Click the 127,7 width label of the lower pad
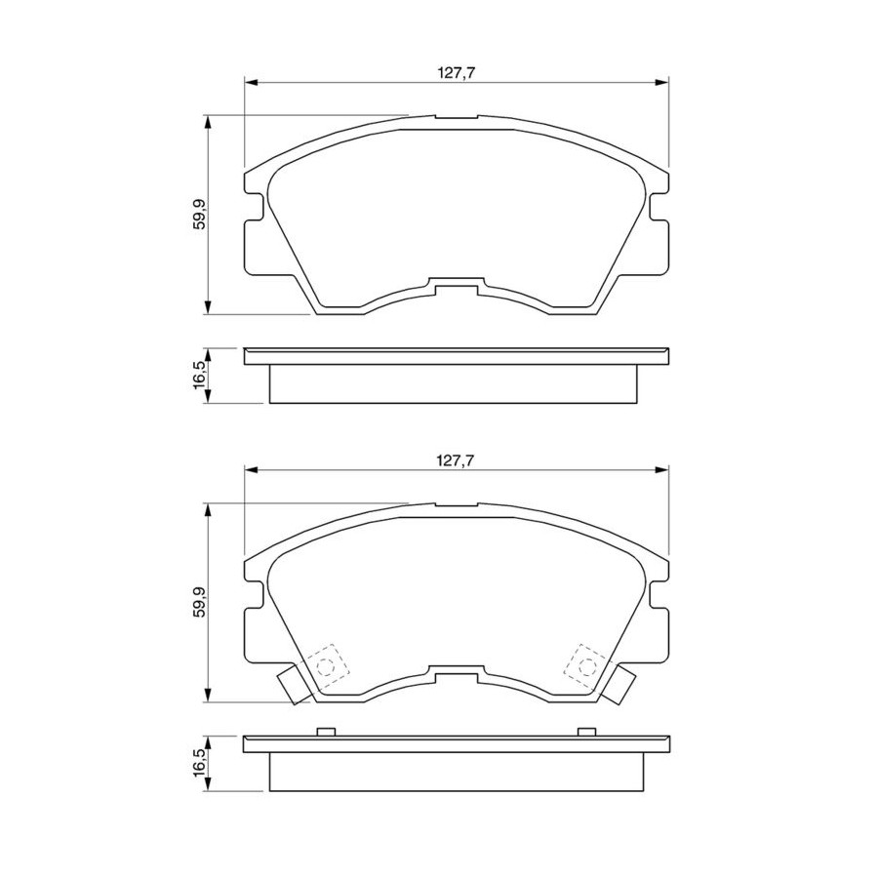pos(456,460)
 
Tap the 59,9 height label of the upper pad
pos(199,215)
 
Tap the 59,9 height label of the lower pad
pos(199,602)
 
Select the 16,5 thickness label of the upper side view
pos(199,376)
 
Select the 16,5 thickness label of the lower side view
pos(199,763)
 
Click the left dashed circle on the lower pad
pos(325,666)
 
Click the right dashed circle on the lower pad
pos(587,666)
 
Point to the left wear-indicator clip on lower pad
pos(294,684)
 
